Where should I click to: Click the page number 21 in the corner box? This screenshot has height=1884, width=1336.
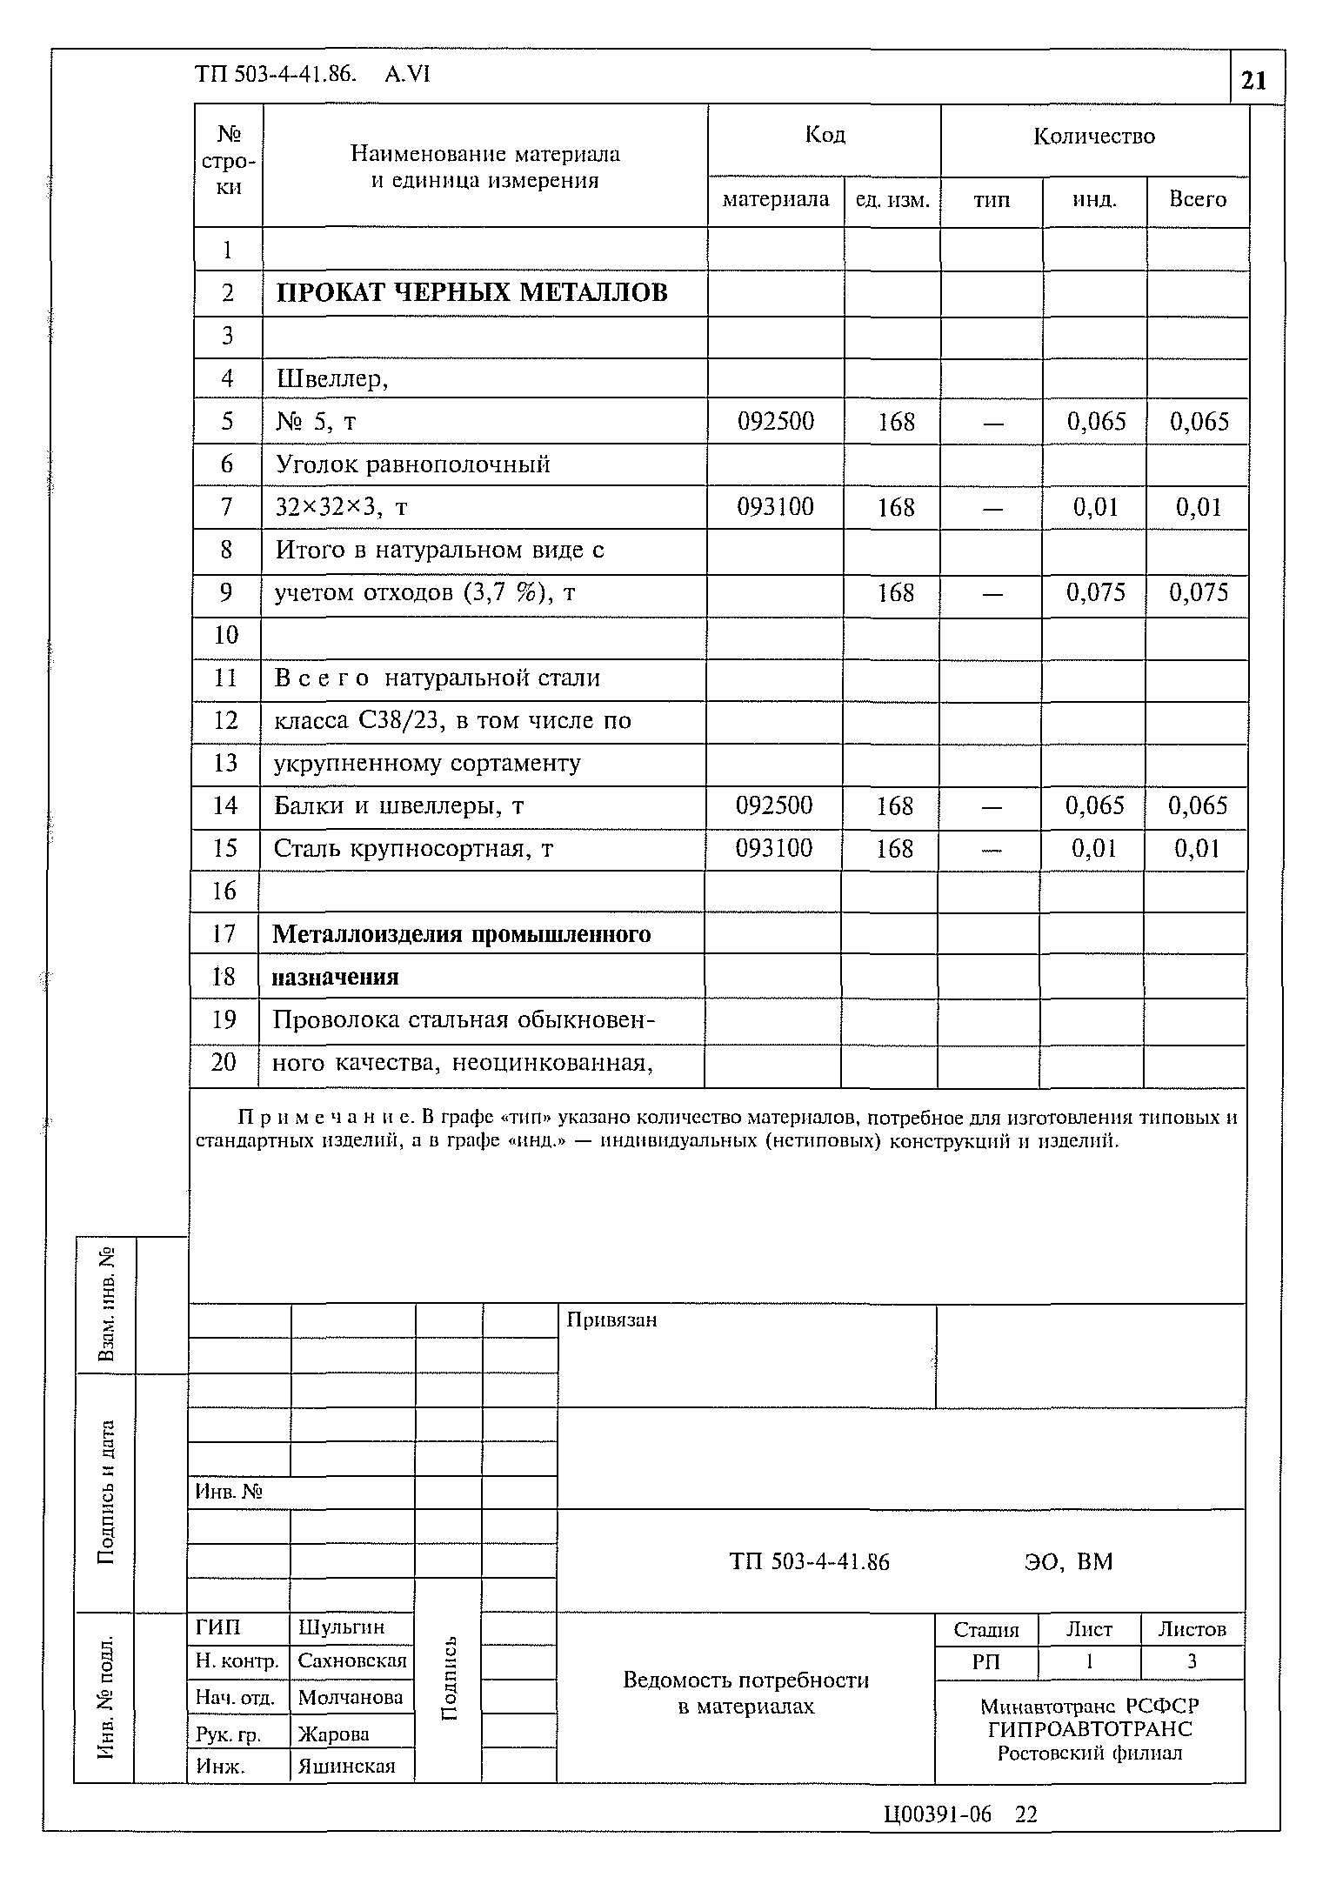click(1253, 81)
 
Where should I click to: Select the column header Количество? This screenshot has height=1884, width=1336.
click(1094, 137)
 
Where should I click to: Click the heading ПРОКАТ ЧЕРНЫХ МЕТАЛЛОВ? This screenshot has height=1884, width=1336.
click(471, 292)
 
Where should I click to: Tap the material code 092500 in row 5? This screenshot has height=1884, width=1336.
click(775, 422)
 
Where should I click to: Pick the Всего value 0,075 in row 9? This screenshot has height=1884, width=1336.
click(1198, 593)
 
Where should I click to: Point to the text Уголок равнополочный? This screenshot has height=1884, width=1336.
click(413, 464)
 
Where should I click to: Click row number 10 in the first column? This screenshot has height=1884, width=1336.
click(226, 635)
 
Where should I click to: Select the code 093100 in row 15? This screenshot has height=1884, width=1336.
click(773, 848)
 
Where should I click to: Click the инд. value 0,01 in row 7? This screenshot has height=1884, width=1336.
click(1095, 507)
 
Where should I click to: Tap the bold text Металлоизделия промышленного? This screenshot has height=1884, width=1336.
click(462, 934)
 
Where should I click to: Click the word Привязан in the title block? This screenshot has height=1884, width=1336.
click(611, 1319)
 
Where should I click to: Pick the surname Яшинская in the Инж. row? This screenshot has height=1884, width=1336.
click(346, 1766)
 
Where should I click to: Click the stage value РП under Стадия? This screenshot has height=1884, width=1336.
click(985, 1661)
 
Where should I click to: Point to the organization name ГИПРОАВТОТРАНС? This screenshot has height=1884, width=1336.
click(1089, 1729)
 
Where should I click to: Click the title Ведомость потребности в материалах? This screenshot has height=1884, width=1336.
click(745, 1693)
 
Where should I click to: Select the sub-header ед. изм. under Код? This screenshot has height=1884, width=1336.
click(892, 200)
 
